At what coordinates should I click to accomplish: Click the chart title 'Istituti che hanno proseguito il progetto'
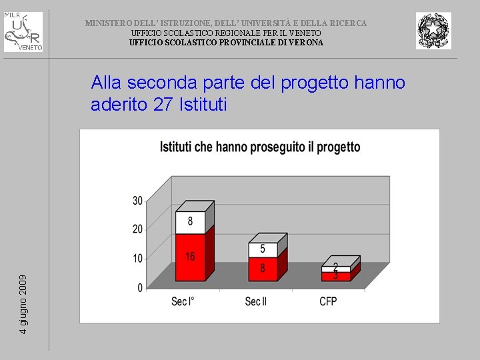point(260,147)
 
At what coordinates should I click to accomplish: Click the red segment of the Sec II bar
point(262,269)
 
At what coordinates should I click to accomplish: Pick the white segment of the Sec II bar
point(262,249)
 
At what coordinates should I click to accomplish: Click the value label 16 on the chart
point(190,257)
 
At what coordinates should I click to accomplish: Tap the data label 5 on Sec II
point(263,249)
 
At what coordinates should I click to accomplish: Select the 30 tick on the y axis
point(137,201)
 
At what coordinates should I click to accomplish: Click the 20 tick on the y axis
point(137,229)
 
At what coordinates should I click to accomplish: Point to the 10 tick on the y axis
point(137,259)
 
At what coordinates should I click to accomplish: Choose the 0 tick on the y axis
point(140,288)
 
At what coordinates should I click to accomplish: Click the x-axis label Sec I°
point(183,302)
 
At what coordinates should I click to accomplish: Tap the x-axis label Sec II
point(255,302)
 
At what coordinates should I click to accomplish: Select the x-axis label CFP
point(328,302)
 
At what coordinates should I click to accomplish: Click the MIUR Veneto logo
point(23,31)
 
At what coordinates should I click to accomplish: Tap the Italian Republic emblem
point(433,31)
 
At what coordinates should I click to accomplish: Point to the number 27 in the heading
point(164,105)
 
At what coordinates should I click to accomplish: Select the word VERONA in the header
point(306,43)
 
